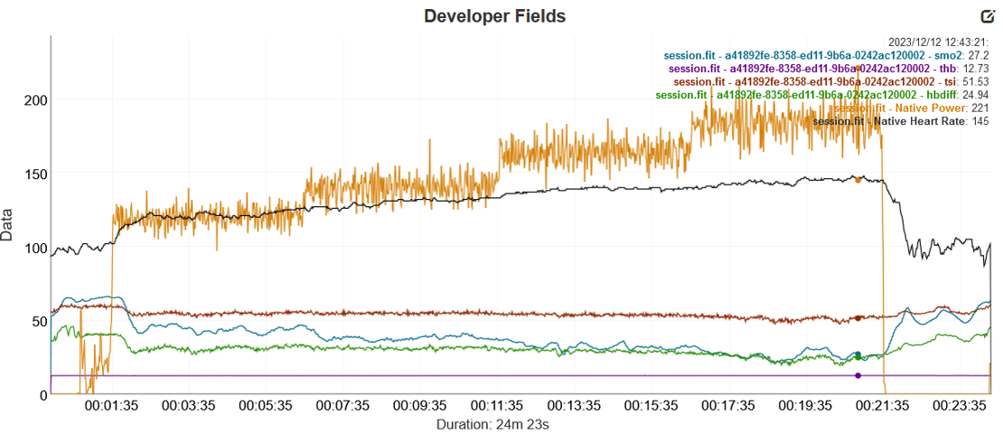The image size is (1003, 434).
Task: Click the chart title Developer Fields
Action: click(x=495, y=16)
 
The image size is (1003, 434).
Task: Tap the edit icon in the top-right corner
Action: click(x=987, y=16)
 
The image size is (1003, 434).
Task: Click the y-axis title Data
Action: click(x=8, y=224)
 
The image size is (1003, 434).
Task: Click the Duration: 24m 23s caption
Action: click(x=493, y=422)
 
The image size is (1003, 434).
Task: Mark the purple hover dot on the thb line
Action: click(x=858, y=375)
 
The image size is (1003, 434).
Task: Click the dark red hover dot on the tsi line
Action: click(x=858, y=318)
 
